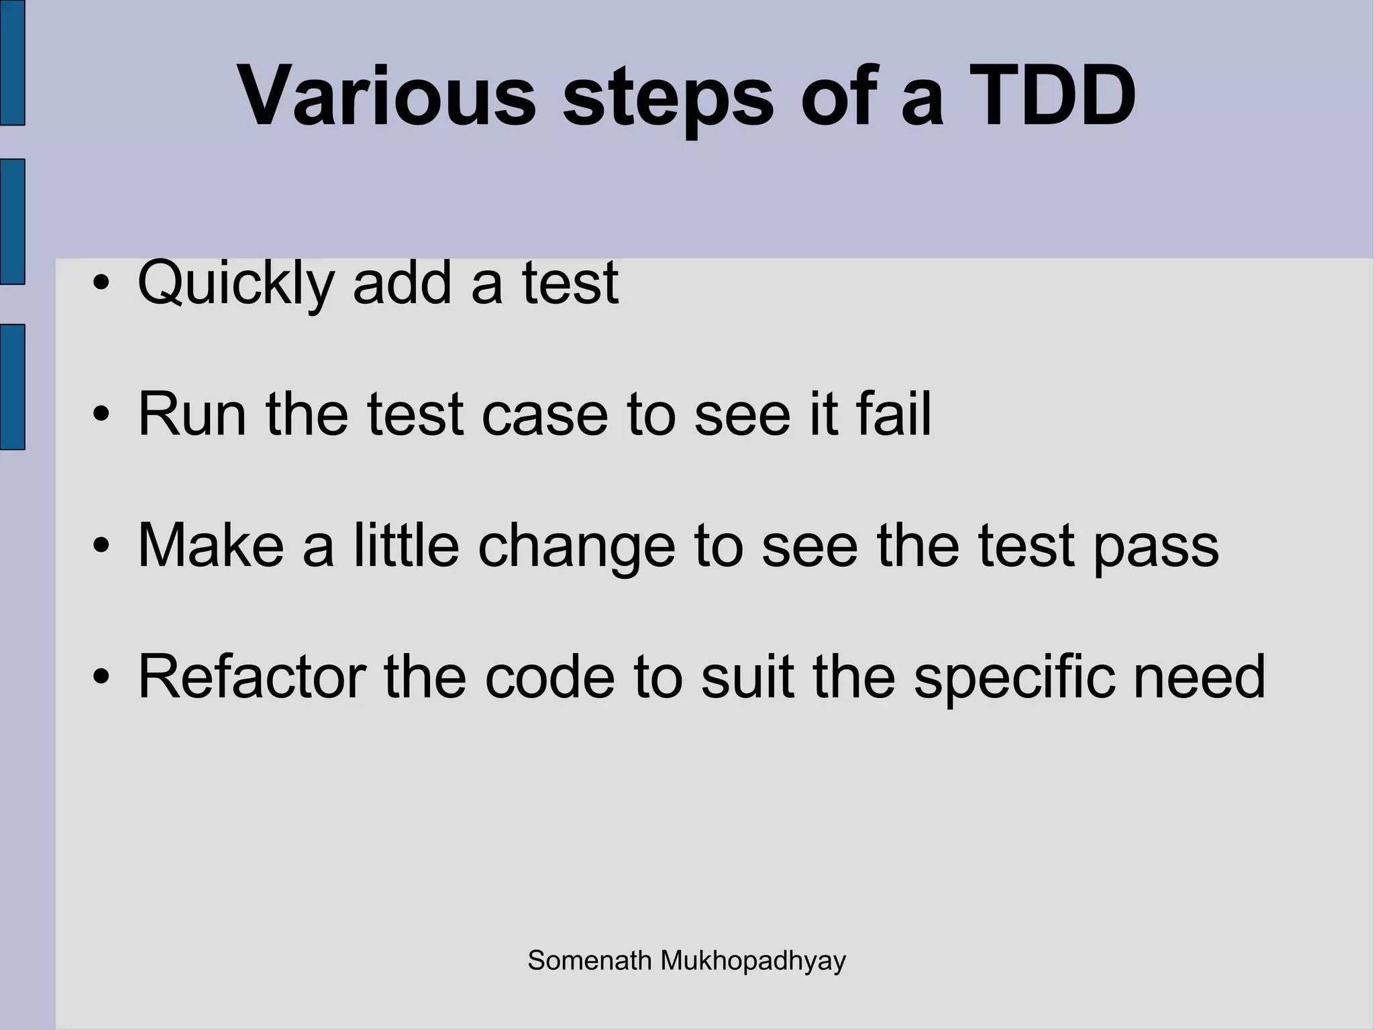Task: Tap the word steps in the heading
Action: [x=668, y=101]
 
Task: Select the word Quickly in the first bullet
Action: [x=235, y=284]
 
